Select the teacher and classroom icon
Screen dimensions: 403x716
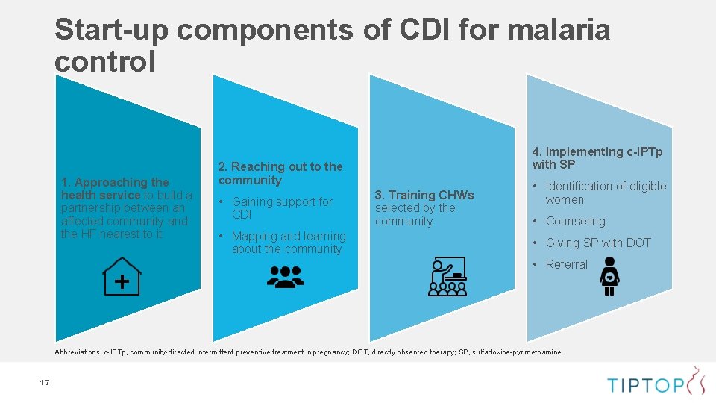tap(447, 277)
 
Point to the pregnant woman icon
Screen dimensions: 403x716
tap(610, 276)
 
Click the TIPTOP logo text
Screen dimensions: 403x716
tap(645, 384)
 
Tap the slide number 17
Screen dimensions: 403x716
tap(44, 383)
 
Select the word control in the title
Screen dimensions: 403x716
tap(105, 61)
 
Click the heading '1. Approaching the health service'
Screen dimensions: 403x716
tap(116, 188)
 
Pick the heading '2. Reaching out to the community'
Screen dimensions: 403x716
tap(280, 173)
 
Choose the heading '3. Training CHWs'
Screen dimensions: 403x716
tap(424, 195)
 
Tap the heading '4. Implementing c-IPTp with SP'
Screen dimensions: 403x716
tap(597, 157)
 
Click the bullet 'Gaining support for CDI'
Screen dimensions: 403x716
tap(282, 207)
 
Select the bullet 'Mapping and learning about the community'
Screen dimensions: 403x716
tap(288, 243)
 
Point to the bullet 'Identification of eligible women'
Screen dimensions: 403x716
tap(605, 193)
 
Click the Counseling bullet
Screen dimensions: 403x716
tap(575, 221)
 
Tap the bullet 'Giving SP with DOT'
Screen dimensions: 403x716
tap(597, 243)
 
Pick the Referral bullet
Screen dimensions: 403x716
tap(566, 264)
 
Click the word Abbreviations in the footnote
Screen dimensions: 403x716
tap(78, 352)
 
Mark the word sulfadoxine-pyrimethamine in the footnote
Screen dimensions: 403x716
tap(520, 352)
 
